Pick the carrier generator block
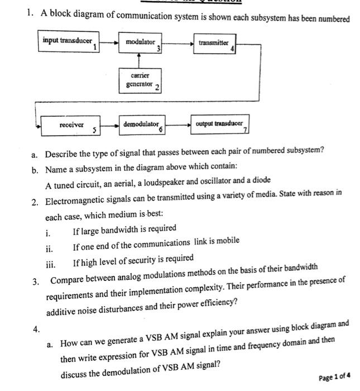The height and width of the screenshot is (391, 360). click(140, 80)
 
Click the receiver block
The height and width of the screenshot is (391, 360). click(71, 126)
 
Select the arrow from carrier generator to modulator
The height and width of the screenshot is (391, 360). click(140, 60)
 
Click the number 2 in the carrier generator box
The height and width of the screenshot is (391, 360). click(157, 87)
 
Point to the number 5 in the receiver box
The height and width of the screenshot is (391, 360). click(94, 131)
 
